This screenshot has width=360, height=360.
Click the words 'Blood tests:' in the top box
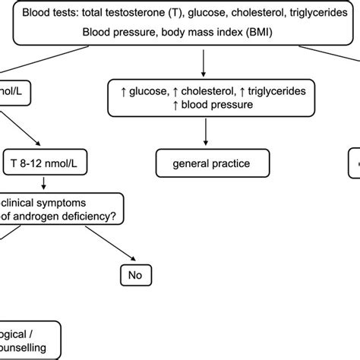click(x=48, y=14)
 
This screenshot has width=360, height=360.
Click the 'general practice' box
click(x=204, y=163)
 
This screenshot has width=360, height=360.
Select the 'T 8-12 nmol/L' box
click(x=49, y=163)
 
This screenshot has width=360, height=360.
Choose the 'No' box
click(x=136, y=273)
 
